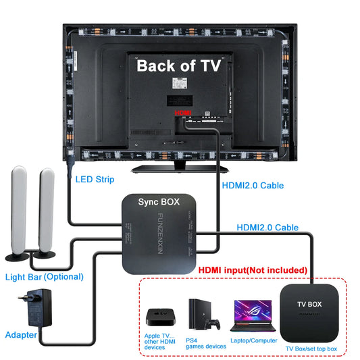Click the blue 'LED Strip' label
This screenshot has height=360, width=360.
(x=95, y=180)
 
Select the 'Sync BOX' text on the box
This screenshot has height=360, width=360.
(x=158, y=202)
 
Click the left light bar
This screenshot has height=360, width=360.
(x=19, y=213)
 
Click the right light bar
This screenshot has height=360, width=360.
(x=47, y=213)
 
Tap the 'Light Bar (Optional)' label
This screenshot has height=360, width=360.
(x=45, y=276)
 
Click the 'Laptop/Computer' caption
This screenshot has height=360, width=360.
(x=254, y=342)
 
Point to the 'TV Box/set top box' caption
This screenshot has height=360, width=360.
(x=311, y=349)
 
